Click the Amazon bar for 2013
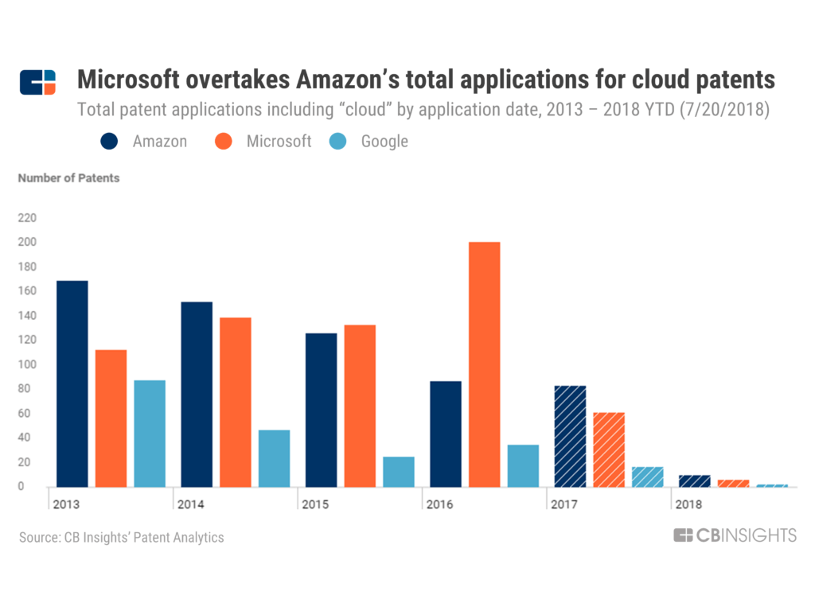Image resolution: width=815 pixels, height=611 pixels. [72, 383]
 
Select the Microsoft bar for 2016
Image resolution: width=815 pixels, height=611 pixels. [484, 364]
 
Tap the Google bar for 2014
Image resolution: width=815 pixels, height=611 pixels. [274, 458]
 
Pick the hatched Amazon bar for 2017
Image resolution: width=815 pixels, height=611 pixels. [570, 436]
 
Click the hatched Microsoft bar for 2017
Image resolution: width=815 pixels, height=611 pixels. [609, 449]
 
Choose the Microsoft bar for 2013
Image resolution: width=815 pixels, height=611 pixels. [111, 418]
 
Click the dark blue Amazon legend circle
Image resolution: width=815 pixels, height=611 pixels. [110, 142]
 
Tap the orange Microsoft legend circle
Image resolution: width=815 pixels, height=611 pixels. [224, 142]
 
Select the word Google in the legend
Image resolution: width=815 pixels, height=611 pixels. [384, 142]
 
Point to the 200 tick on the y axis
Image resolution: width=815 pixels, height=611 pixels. [27, 242]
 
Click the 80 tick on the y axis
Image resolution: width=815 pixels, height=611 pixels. [30, 388]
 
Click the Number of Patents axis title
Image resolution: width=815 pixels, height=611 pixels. [68, 178]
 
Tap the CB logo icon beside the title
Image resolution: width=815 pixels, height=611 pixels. [38, 82]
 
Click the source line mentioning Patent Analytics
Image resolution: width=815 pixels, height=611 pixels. [122, 538]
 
